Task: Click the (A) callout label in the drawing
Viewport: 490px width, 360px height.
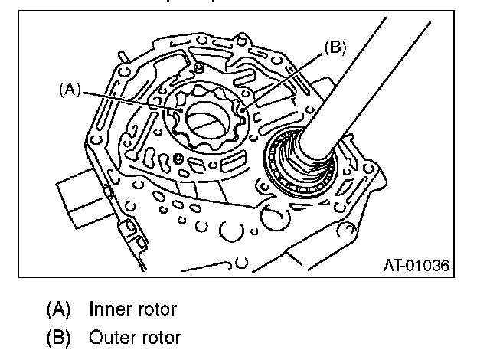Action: pos(70,90)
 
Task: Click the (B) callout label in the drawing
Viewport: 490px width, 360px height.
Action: pos(335,47)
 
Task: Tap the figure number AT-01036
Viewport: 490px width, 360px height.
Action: pos(415,266)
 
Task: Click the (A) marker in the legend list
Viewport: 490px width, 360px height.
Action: pos(58,310)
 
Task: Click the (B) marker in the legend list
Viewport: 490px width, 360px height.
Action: pos(58,337)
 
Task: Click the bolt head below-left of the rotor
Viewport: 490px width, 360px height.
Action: pos(178,158)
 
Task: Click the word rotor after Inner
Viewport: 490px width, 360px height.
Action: pos(156,310)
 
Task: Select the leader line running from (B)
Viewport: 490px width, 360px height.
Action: pos(283,77)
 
